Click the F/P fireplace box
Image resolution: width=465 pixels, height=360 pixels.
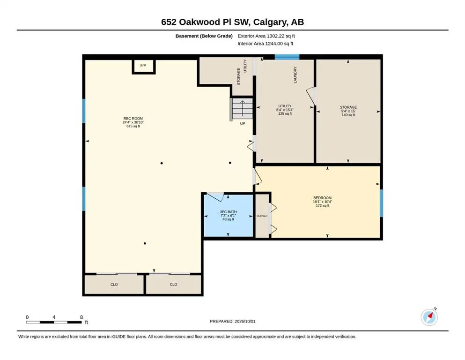pyautogui.click(x=144, y=66)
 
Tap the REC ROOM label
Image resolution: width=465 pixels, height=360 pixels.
pyautogui.click(x=133, y=119)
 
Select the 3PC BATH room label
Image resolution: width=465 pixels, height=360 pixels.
pyautogui.click(x=229, y=211)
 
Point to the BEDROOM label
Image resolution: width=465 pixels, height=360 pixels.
pyautogui.click(x=322, y=198)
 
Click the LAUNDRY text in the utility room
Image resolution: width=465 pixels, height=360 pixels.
pyautogui.click(x=295, y=75)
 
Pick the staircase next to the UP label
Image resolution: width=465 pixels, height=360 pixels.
pyautogui.click(x=241, y=109)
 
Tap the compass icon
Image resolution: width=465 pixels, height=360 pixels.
pyautogui.click(x=429, y=317)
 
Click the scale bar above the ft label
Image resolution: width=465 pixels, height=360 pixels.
pyautogui.click(x=54, y=322)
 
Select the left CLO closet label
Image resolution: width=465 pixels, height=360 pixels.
pyautogui.click(x=114, y=285)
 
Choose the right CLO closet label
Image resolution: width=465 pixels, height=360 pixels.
pyautogui.click(x=173, y=285)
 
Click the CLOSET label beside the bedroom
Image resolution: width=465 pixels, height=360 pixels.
pyautogui.click(x=262, y=216)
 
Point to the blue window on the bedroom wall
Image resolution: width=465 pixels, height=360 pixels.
pyautogui.click(x=381, y=203)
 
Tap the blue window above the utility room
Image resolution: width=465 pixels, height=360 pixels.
pyautogui.click(x=287, y=57)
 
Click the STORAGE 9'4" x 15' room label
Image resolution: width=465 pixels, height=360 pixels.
pyautogui.click(x=348, y=111)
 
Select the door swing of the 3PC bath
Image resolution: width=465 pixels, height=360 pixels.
pyautogui.click(x=215, y=196)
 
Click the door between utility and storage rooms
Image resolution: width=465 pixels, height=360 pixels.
pyautogui.click(x=311, y=96)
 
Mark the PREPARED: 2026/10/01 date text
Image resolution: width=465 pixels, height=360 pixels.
pyautogui.click(x=232, y=321)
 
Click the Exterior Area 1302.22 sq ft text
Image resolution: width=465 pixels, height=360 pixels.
pyautogui.click(x=266, y=36)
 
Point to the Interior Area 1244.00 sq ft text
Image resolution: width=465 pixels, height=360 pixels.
pyautogui.click(x=266, y=44)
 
